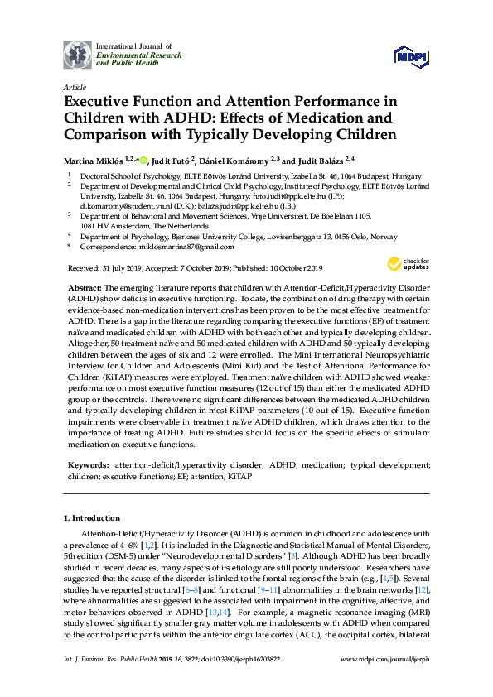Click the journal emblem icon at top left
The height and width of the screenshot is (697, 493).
(77, 54)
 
